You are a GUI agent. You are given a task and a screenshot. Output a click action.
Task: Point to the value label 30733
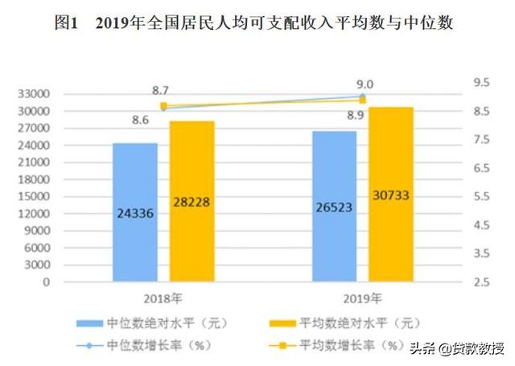click(391, 194)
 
